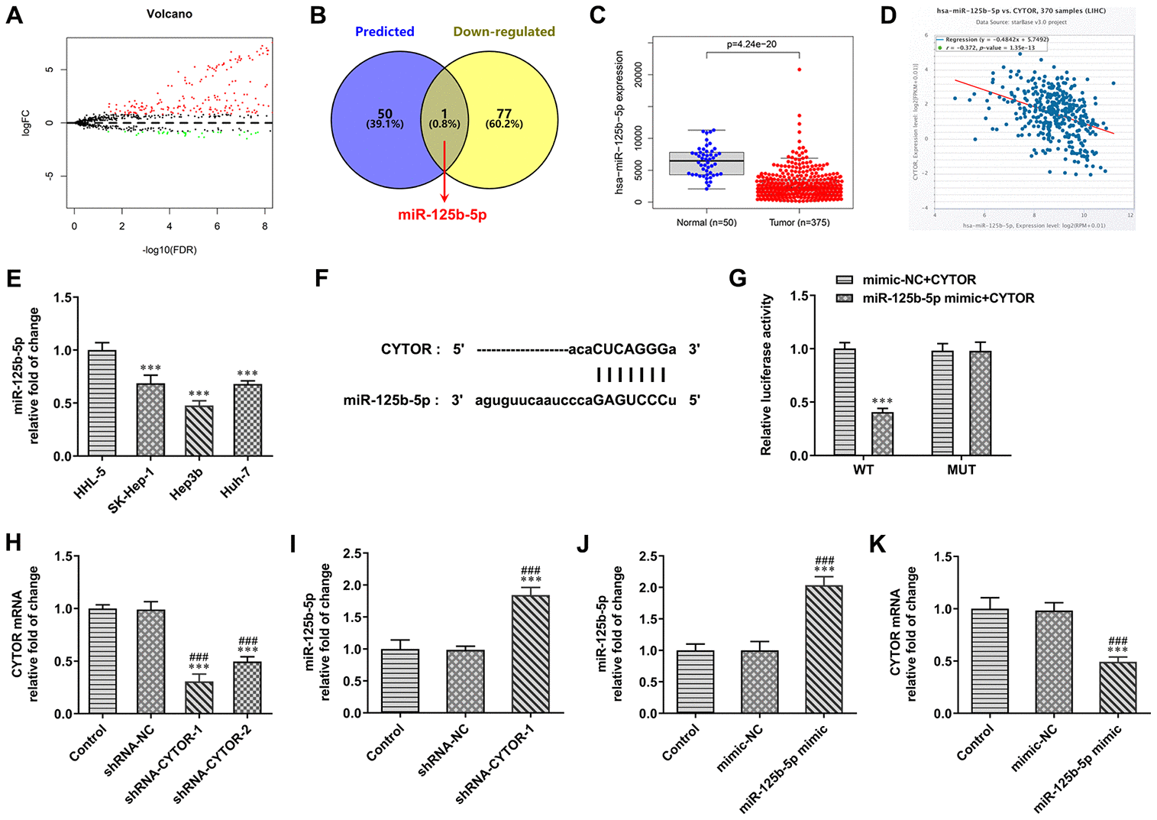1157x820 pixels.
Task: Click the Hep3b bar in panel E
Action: tap(199, 430)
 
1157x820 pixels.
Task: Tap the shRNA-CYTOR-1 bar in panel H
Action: tap(199, 697)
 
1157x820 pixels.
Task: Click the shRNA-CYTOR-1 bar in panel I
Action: tap(530, 653)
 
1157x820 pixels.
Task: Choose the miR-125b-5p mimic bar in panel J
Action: tap(824, 649)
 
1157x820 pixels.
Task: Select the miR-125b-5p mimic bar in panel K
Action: tap(1117, 687)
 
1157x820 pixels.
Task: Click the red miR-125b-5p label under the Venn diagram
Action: tap(442, 215)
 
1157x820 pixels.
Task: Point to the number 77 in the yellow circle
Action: tap(504, 114)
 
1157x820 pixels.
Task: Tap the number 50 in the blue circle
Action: tap(385, 114)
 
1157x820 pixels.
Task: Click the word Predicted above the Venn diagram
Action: tap(385, 31)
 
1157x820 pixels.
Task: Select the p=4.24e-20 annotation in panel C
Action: tap(752, 44)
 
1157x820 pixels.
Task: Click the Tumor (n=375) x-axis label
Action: tap(799, 222)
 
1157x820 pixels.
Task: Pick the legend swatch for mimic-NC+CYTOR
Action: tap(845, 280)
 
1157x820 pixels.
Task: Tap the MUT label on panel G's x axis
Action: tap(961, 470)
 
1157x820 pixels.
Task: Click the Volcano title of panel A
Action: tap(170, 14)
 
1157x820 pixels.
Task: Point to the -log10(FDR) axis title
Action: tap(169, 249)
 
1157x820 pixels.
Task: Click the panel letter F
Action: tap(322, 277)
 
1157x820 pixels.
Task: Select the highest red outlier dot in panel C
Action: tap(800, 70)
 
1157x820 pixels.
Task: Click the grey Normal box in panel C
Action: tap(706, 164)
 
